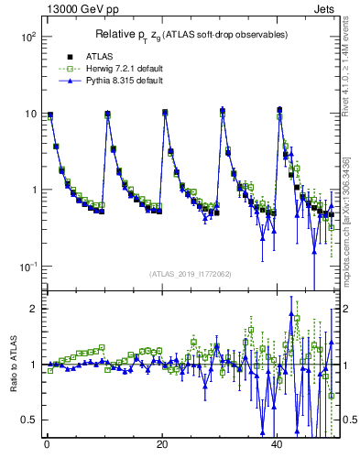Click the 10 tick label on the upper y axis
28,114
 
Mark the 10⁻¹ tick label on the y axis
25,266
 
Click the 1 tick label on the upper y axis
32,190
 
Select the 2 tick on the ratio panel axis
32,309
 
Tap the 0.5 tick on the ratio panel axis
28,420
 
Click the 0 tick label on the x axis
47,444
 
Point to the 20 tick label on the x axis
162,444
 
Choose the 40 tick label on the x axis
278,444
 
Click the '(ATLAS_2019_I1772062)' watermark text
191,273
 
